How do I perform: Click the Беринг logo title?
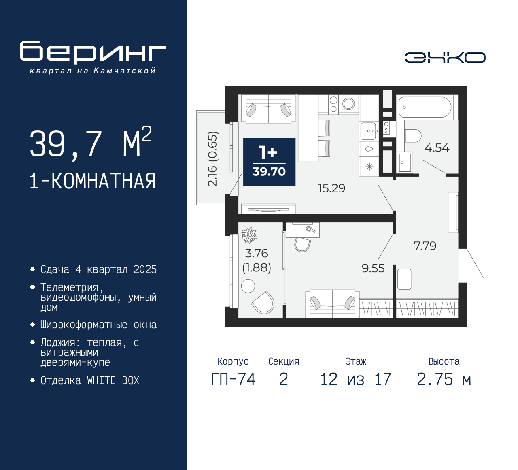point(93,52)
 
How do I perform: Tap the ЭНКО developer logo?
point(445,58)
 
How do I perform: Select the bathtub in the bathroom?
point(425,107)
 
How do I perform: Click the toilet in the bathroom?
point(413,136)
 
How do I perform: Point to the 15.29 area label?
point(331,188)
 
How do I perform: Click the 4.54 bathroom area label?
point(437,148)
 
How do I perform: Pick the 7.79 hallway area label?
point(425,246)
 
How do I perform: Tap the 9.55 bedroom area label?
point(373,268)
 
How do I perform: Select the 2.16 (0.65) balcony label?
point(212,159)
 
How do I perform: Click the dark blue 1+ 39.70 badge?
point(270,162)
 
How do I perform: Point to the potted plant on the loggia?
point(249,235)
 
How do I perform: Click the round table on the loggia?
point(248,286)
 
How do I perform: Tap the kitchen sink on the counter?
point(369,131)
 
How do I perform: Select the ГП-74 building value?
point(233,379)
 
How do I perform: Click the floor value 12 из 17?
point(356,379)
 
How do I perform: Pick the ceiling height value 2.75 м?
point(444,379)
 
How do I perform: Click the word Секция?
point(284,361)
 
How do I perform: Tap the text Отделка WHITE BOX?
point(89,380)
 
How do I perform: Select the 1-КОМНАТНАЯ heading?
point(93,181)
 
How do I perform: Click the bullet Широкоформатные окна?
point(98,325)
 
